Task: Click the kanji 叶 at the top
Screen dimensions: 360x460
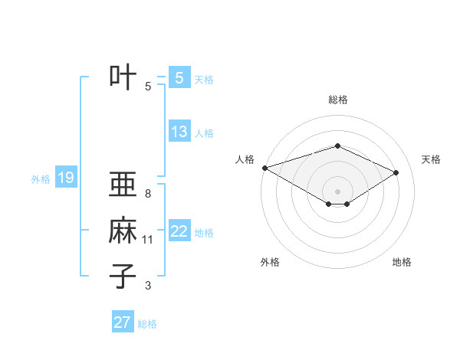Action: [x=123, y=78]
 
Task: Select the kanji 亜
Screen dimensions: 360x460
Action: [x=123, y=185]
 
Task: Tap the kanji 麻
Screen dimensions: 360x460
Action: [x=123, y=231]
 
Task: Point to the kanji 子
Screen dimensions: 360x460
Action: [x=123, y=275]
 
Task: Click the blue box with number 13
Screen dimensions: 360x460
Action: [x=179, y=132]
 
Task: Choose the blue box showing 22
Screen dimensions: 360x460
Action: [x=179, y=231]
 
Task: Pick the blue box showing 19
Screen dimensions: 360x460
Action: [x=65, y=178]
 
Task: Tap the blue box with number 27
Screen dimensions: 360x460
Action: [x=123, y=322]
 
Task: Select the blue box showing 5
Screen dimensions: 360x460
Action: [x=179, y=78]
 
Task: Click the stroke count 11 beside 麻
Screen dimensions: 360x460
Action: [x=148, y=240]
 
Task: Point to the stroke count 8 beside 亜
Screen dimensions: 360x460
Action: [x=148, y=194]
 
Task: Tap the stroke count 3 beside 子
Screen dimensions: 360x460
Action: [x=148, y=286]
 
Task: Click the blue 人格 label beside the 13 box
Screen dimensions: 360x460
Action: [x=204, y=133]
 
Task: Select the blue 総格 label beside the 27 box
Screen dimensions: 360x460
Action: [x=147, y=324]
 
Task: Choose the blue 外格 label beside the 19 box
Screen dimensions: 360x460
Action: [x=41, y=180]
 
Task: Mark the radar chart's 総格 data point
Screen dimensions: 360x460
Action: [x=337, y=146]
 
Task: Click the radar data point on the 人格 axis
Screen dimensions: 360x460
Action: [x=264, y=167]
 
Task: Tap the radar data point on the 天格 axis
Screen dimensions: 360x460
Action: [x=396, y=172]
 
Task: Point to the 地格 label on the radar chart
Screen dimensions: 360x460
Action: [x=402, y=263]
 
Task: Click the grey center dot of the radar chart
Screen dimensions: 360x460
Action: [x=337, y=190]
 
